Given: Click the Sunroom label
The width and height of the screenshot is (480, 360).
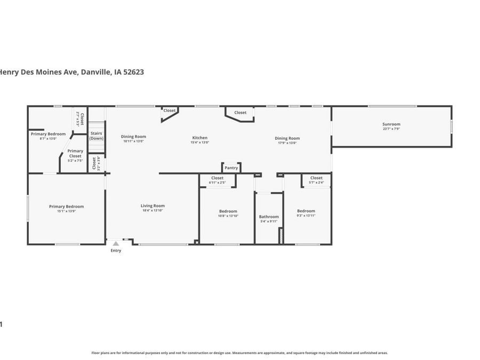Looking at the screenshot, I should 391,124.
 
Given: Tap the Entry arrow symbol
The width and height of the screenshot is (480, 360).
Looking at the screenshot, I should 116,244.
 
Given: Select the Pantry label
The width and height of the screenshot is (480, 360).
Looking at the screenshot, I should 231,168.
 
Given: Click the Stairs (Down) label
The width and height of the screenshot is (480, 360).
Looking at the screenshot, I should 97,135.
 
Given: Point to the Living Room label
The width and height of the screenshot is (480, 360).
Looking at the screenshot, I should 153,206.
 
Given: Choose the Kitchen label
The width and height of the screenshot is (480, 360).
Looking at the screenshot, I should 200,138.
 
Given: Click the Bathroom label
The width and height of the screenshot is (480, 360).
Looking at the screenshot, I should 269,217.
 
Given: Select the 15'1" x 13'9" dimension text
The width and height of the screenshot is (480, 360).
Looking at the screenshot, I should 66,211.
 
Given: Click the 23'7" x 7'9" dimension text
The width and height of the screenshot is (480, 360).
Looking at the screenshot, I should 391,129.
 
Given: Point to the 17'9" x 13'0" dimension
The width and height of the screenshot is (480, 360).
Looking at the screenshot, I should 287,142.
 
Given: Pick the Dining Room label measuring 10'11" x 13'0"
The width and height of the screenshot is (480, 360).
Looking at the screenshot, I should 133,137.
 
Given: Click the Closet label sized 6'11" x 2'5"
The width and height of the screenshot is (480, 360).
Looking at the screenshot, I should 217,178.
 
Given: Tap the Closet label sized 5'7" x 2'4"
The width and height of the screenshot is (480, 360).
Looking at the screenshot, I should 316,178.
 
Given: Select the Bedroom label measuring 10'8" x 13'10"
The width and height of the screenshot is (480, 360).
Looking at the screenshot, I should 228,211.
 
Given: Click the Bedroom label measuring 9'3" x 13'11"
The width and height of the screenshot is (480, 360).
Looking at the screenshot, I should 306,211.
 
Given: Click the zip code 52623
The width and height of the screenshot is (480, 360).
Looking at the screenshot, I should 133,72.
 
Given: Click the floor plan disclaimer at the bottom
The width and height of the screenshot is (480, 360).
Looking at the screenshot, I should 239,353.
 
